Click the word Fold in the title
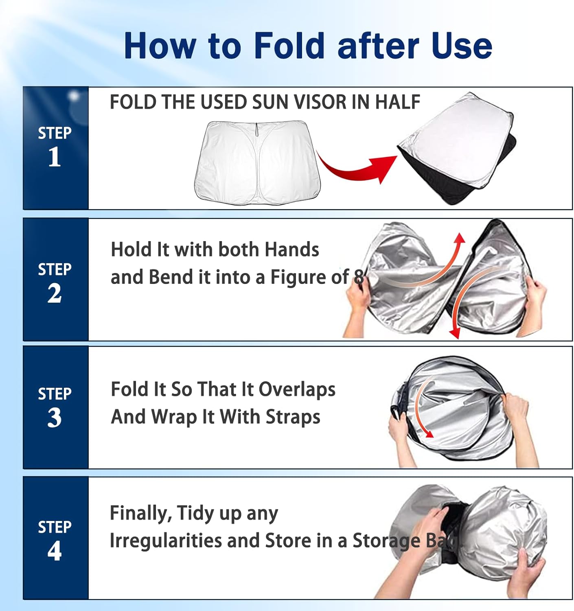(289, 46)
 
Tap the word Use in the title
(461, 46)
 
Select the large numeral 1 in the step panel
(55, 156)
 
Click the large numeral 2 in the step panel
(55, 293)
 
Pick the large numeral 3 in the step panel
(55, 418)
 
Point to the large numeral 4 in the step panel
(55, 550)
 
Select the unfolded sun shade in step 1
(257, 163)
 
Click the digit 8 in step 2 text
(358, 277)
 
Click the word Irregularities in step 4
(166, 541)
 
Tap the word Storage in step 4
(386, 541)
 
